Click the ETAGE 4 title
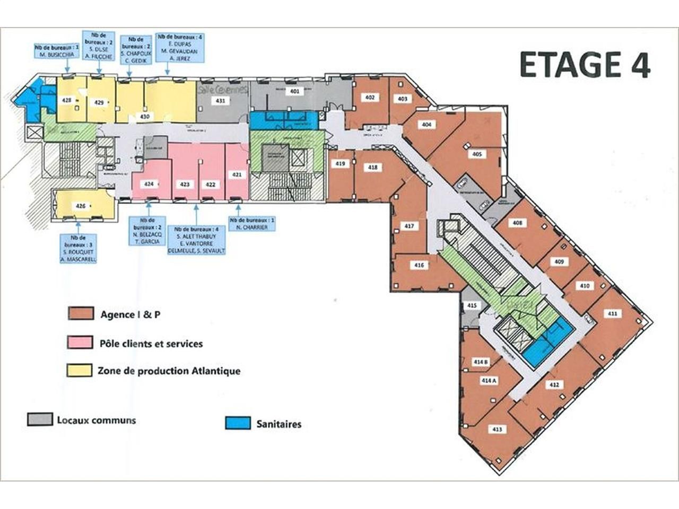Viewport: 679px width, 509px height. click(x=585, y=65)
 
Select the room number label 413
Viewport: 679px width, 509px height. click(x=497, y=429)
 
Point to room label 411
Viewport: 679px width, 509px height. click(x=613, y=313)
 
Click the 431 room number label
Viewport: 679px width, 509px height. click(x=221, y=100)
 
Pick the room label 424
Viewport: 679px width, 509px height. click(x=149, y=184)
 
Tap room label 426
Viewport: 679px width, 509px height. click(x=81, y=206)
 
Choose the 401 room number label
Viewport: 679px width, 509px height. click(x=295, y=91)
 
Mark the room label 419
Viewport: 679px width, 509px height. click(x=340, y=164)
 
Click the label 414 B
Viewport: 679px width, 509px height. click(x=481, y=362)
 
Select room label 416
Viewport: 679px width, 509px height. click(x=419, y=265)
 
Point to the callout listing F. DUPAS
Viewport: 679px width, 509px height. click(x=179, y=48)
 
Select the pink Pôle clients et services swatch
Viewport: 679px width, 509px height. click(x=80, y=343)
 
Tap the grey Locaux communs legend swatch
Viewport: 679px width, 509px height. click(x=40, y=419)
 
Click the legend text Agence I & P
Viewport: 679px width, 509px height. click(x=130, y=314)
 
